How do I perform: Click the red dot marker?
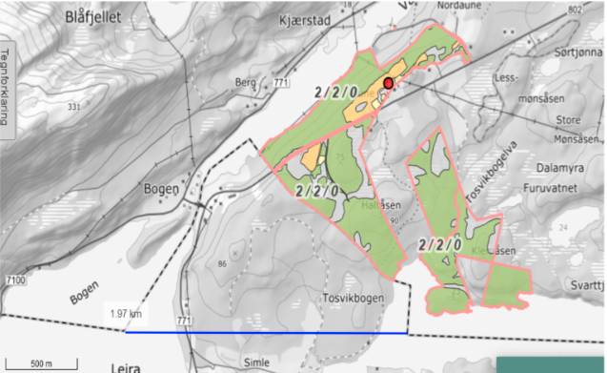pos(389,84)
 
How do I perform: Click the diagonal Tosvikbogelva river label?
pos(489,172)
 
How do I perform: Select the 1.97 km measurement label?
pos(125,313)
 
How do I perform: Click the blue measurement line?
pos(267,333)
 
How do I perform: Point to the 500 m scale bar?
pos(40,363)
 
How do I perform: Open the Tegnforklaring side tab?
pos(7,87)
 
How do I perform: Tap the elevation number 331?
pos(72,106)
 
